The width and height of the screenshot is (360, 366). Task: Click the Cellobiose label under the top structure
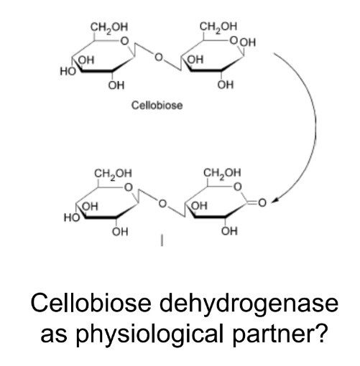(157, 105)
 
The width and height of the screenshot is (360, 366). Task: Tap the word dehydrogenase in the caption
(249, 303)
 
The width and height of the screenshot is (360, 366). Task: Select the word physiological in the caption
(149, 333)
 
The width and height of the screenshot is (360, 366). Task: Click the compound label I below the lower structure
(162, 240)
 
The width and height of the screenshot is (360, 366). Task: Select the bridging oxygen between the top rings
(158, 57)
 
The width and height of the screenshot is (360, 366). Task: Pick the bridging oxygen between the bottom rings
(162, 204)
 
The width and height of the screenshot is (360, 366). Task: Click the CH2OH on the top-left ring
(109, 27)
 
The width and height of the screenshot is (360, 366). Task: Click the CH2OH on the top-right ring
(218, 27)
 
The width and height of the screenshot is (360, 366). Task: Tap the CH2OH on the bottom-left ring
(113, 174)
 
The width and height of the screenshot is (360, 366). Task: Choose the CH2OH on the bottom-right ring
(222, 173)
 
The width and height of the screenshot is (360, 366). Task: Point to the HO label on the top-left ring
(68, 71)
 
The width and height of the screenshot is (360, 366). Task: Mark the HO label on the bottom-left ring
(72, 217)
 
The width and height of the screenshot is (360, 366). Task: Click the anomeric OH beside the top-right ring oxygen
(248, 43)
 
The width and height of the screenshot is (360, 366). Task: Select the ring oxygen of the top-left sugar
(124, 41)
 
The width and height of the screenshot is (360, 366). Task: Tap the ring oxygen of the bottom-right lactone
(237, 187)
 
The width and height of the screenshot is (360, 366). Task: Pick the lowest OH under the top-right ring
(226, 85)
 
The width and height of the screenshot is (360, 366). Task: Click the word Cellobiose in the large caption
(91, 303)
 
